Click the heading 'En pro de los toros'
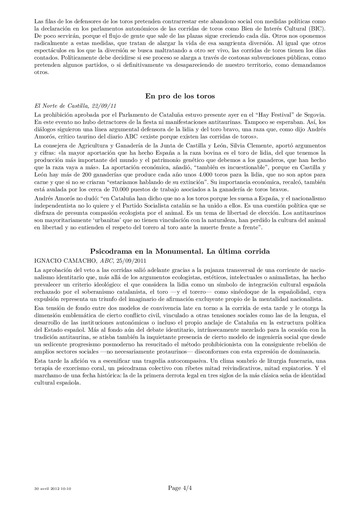pos(180,96)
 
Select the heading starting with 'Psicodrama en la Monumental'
pos(180,251)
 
